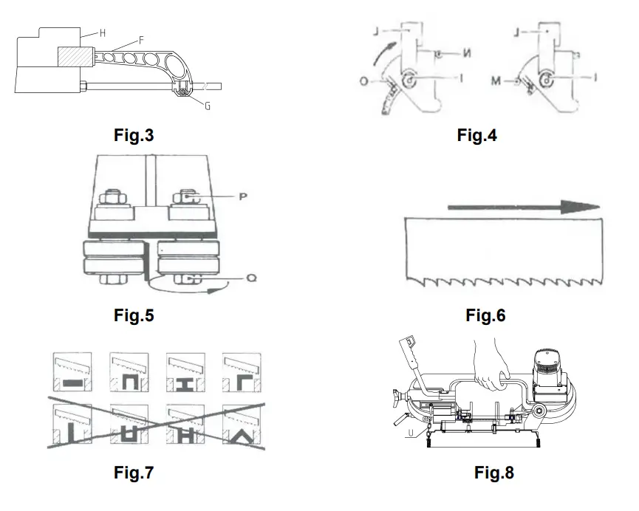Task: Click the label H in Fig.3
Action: coord(102,32)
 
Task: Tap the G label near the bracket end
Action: coord(208,106)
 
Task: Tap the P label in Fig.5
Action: coord(241,197)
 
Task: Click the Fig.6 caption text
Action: coord(485,316)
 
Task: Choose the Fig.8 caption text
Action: coord(494,473)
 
